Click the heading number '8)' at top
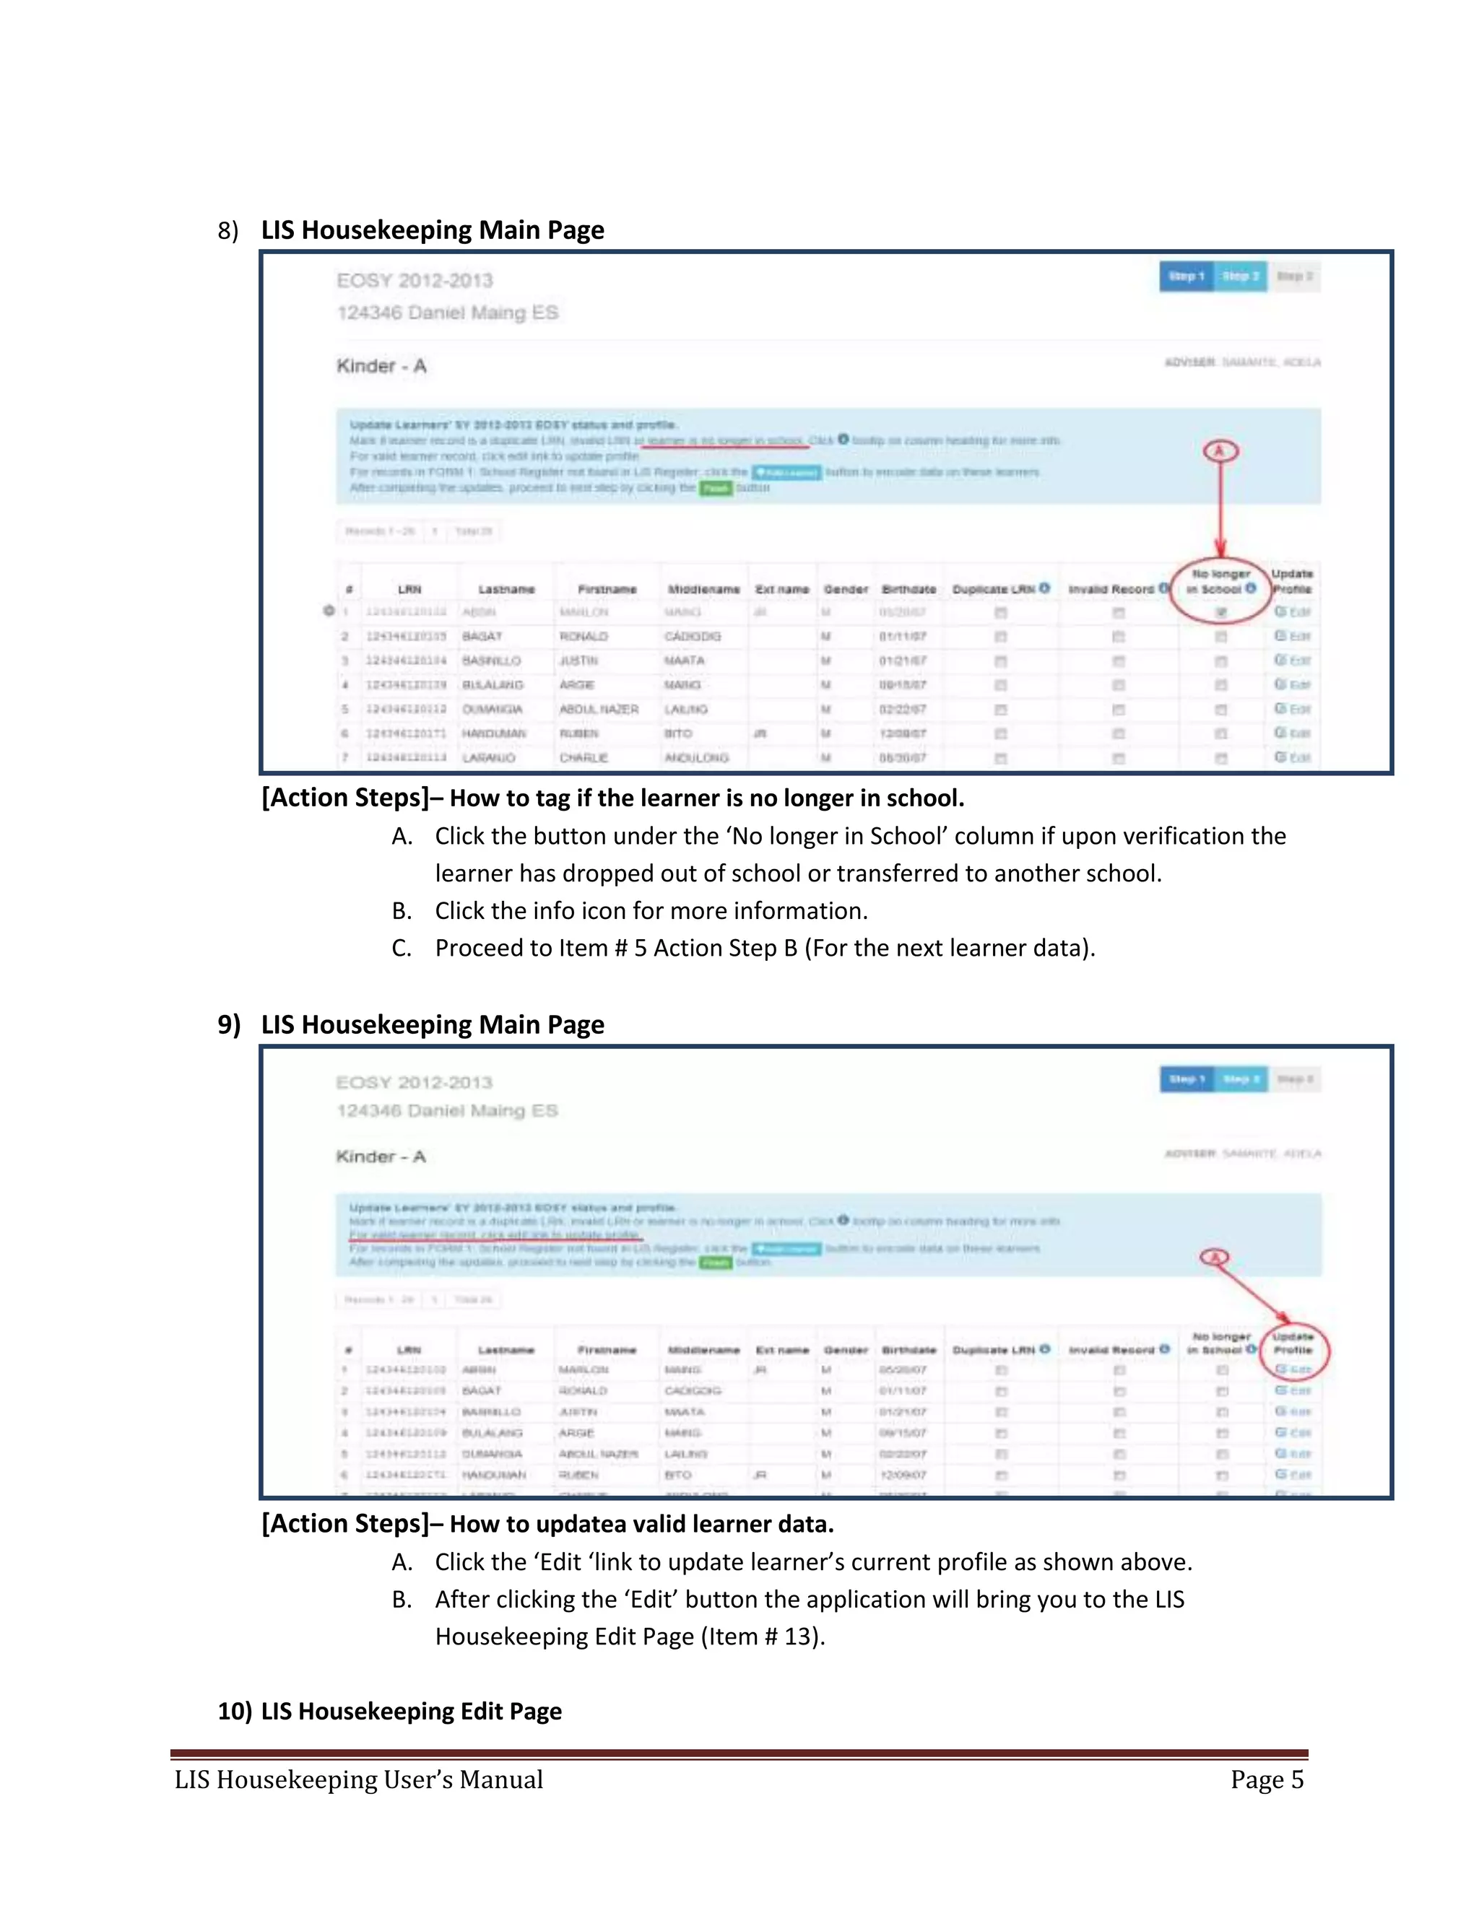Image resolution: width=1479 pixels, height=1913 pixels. point(227,230)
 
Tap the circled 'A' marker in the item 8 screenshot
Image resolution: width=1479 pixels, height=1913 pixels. point(1220,451)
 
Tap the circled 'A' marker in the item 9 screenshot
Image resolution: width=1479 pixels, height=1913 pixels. point(1215,1257)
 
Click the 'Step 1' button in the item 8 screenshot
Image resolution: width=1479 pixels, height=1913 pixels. point(1187,276)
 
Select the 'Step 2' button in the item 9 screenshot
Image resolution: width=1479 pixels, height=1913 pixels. point(1241,1079)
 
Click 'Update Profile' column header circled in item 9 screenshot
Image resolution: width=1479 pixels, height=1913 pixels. point(1293,1343)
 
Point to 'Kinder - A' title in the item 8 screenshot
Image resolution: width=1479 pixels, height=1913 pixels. point(381,366)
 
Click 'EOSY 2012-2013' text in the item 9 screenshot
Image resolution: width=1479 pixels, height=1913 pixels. point(415,1083)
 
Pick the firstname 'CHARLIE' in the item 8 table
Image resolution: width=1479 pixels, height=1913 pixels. point(584,758)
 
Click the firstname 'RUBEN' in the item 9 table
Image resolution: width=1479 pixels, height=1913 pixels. point(578,1475)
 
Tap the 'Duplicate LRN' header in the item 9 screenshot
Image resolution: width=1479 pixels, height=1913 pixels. point(994,1350)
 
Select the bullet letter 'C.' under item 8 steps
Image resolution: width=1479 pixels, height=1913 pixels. point(402,948)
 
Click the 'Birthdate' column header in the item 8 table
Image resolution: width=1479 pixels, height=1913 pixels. point(908,590)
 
